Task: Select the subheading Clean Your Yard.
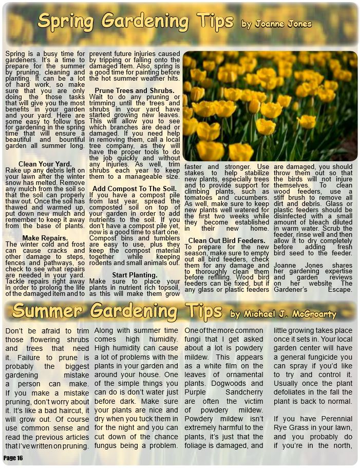point(45,164)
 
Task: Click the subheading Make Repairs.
point(45,238)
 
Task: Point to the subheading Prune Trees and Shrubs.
point(135,91)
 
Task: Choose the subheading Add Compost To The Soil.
point(135,189)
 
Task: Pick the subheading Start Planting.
point(135,275)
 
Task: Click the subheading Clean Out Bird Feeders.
point(226,240)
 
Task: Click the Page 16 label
point(13,458)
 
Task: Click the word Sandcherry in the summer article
point(244,392)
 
